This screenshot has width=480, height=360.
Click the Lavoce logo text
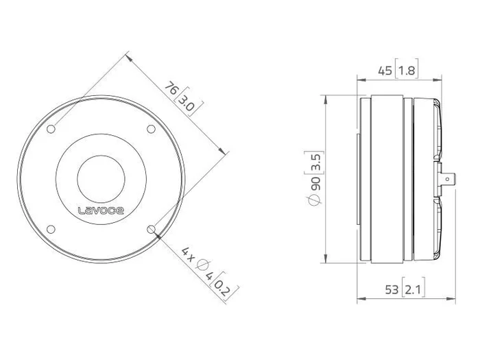pyautogui.click(x=101, y=211)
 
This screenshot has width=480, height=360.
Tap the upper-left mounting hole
pyautogui.click(x=51, y=129)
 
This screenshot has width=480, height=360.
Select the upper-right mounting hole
pyautogui.click(x=152, y=129)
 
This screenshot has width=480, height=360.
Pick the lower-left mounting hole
pyautogui.click(x=51, y=229)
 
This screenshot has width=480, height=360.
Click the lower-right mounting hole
pyautogui.click(x=152, y=229)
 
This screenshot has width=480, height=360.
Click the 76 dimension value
pyautogui.click(x=171, y=88)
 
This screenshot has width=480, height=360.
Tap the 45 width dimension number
pyautogui.click(x=385, y=71)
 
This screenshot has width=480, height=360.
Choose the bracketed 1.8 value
pyautogui.click(x=407, y=71)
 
